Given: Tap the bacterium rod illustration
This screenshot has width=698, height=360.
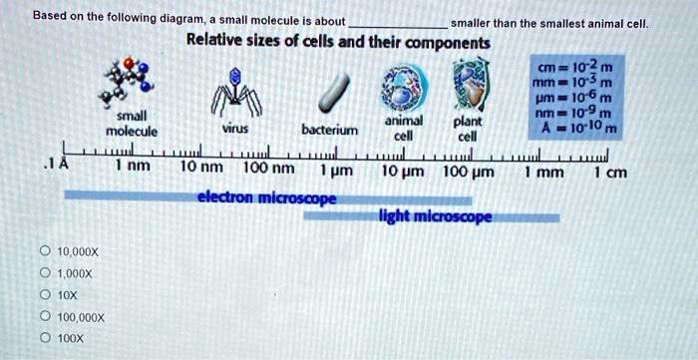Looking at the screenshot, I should (329, 95).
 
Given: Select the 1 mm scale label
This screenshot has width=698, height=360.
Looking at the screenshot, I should (544, 171).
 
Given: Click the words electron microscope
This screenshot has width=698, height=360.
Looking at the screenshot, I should (266, 197).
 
